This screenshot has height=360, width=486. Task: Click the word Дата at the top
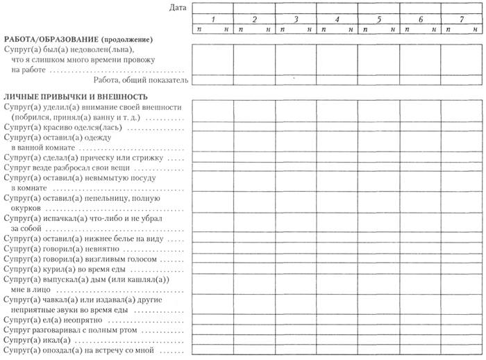tap(178, 8)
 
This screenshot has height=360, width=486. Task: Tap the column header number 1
tap(213, 19)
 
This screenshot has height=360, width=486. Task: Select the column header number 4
tap(337, 19)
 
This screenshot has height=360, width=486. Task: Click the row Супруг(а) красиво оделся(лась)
tap(66, 128)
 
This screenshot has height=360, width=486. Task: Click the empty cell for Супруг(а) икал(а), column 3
tap(296, 341)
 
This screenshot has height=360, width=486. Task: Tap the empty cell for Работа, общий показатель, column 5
tap(378, 80)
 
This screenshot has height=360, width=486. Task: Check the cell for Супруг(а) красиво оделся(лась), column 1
tap(213, 128)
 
